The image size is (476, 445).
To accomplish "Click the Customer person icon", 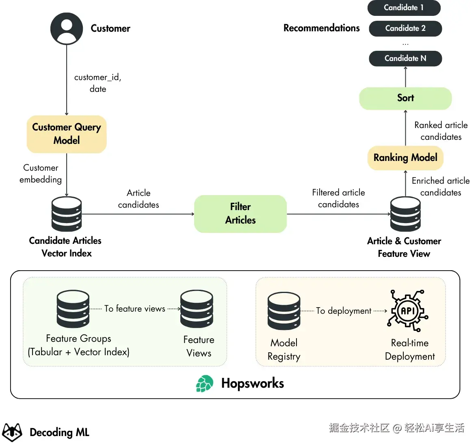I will (x=67, y=28).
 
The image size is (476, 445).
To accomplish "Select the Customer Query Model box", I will (x=67, y=134).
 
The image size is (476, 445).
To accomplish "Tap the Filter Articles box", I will (x=240, y=214).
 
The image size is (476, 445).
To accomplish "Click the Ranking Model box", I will (x=405, y=158).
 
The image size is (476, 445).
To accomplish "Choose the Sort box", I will (x=405, y=98).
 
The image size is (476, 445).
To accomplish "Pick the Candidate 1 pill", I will (x=404, y=8).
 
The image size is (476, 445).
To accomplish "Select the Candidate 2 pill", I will (x=405, y=28).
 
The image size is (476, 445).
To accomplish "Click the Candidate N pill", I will (x=405, y=59).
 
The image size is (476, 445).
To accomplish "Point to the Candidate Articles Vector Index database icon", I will (x=67, y=214).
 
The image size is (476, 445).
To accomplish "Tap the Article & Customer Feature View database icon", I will (x=405, y=214).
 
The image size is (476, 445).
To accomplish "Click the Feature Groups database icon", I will (x=73, y=309).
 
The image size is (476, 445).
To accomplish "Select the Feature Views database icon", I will (x=197, y=309).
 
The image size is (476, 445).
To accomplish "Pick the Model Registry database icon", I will (x=284, y=311).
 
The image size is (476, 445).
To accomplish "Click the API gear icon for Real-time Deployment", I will (x=408, y=311).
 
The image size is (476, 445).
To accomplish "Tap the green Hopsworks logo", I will (x=205, y=384).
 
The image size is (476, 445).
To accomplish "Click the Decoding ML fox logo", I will (x=12, y=432).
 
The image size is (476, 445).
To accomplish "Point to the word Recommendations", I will (x=321, y=28).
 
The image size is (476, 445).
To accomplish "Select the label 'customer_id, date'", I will (x=98, y=83).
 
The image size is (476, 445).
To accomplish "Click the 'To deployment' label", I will (x=344, y=311).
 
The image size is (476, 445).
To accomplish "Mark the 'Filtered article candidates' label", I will (x=338, y=198).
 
